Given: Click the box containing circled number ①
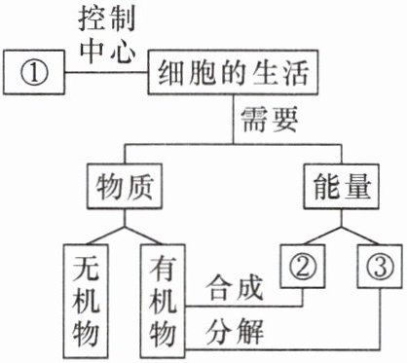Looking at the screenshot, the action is coord(34,72).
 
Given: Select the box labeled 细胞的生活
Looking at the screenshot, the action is coord(233,72).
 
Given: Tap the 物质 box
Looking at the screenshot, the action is coord(125,186).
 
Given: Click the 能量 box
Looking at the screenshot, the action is coord(342,186).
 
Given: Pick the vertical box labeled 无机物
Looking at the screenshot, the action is coord(86,301).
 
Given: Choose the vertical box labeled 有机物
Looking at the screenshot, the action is coord(163,301).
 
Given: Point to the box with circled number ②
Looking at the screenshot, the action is coord(303,266).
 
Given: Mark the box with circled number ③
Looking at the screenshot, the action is coord(380,266).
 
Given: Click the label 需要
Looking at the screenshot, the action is coord(270,120).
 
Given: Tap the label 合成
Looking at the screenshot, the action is coord(235,287).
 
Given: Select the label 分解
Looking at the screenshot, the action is coord(235,332).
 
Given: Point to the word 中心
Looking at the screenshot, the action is coord(107,52).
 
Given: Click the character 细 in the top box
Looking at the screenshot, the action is coord(170,73).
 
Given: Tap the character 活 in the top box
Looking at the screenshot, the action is coord(295,73).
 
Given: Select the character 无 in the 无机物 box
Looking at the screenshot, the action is coord(86,268).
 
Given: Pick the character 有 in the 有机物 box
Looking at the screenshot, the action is coord(163,268).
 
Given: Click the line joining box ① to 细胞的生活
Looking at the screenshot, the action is coord(106,72).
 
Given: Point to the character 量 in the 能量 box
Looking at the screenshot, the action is coord(357,186).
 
